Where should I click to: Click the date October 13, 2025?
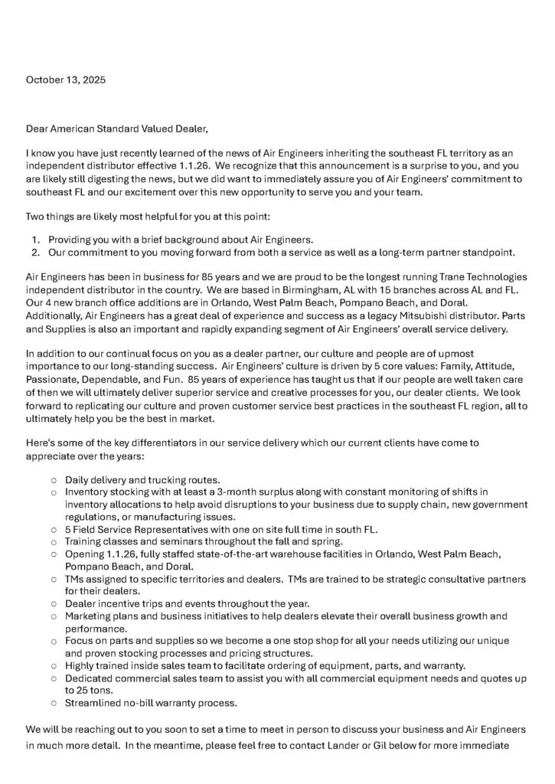click(66, 80)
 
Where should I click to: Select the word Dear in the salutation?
click(39, 128)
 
